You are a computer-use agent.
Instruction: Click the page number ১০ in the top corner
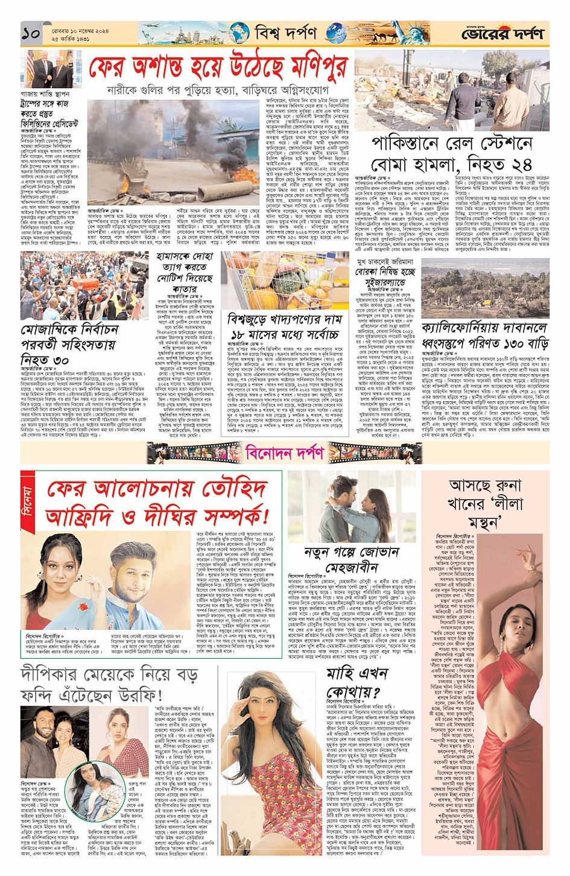point(31,34)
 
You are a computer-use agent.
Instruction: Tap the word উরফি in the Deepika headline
point(130,694)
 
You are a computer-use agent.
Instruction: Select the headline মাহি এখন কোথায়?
point(354,682)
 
